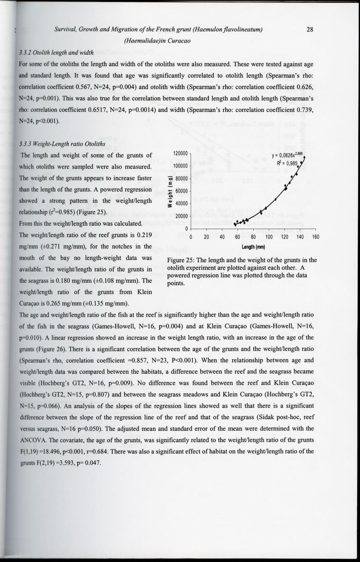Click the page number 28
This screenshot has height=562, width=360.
pyautogui.click(x=309, y=30)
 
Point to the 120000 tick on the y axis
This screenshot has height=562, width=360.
pyautogui.click(x=180, y=154)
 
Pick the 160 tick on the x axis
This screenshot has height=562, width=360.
pyautogui.click(x=315, y=237)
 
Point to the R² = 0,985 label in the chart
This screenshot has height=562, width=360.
pyautogui.click(x=287, y=163)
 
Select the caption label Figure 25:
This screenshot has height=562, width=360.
pyautogui.click(x=181, y=260)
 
